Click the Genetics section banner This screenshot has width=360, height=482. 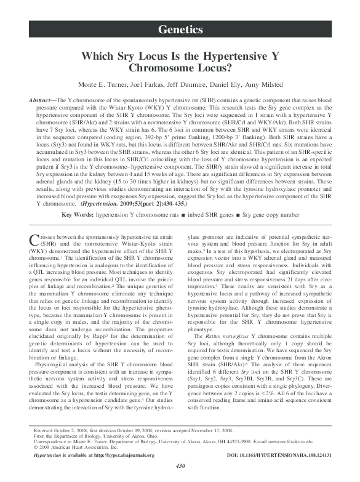pos(180,30)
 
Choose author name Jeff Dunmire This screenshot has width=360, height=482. pos(188,83)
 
